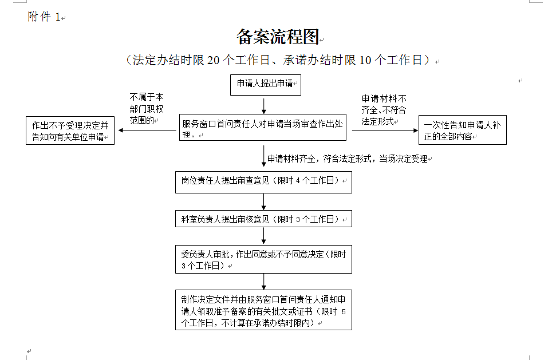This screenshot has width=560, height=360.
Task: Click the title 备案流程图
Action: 278,37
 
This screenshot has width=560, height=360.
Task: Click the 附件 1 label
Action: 44,17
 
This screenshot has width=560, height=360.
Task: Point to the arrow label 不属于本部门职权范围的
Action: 147,109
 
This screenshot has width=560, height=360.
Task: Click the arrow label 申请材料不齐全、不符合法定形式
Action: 384,110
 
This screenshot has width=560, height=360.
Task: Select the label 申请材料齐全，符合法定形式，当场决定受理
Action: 347,159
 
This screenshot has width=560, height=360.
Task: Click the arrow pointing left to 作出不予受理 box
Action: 147,130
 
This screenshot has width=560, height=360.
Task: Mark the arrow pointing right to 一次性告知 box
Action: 385,130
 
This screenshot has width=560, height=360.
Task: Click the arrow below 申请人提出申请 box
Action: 264,106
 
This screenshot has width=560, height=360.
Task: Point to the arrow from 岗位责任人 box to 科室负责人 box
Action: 264,202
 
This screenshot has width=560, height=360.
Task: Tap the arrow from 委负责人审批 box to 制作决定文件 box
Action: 264,282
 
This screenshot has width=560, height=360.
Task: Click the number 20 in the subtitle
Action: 213,60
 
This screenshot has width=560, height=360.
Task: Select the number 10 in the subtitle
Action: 365,60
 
